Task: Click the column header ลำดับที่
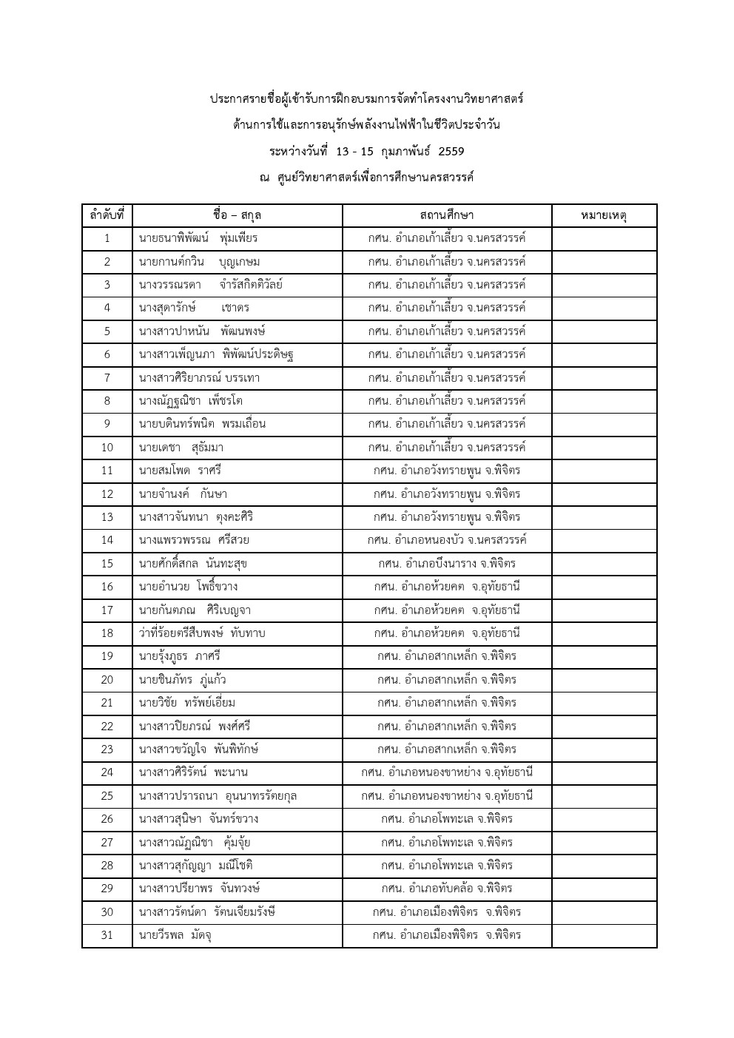click(107, 215)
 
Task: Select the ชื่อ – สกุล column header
click(237, 215)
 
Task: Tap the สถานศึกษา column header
click(446, 215)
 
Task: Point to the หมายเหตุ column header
click(604, 215)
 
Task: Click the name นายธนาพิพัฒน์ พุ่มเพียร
click(198, 238)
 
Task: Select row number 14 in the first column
click(107, 540)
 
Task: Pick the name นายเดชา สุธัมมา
click(181, 448)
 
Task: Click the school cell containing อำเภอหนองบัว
click(446, 540)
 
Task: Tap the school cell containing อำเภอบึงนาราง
click(446, 564)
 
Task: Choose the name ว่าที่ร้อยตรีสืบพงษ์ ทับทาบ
click(202, 633)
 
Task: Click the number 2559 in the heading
click(451, 152)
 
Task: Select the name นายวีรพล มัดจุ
click(176, 935)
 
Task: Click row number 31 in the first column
click(107, 935)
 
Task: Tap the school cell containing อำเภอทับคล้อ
click(446, 889)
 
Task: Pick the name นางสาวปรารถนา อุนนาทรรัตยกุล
click(218, 796)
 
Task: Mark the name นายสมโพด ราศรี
click(180, 471)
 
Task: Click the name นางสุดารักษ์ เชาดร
click(195, 308)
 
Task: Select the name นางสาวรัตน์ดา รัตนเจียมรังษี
click(207, 912)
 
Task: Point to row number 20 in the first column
click(107, 680)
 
